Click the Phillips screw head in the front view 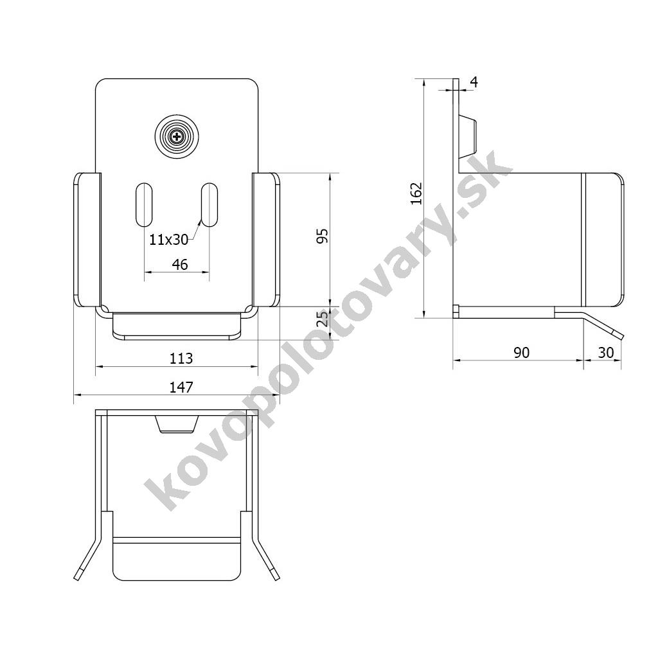(x=177, y=137)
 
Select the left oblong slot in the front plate (x=144, y=205)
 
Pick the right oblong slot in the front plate (x=209, y=205)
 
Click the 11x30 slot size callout (x=169, y=240)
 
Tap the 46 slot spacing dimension (x=180, y=264)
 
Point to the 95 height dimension (x=323, y=236)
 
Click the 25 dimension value (x=323, y=319)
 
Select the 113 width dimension (x=181, y=359)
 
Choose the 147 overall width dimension (x=181, y=387)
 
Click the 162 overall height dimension (x=416, y=193)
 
